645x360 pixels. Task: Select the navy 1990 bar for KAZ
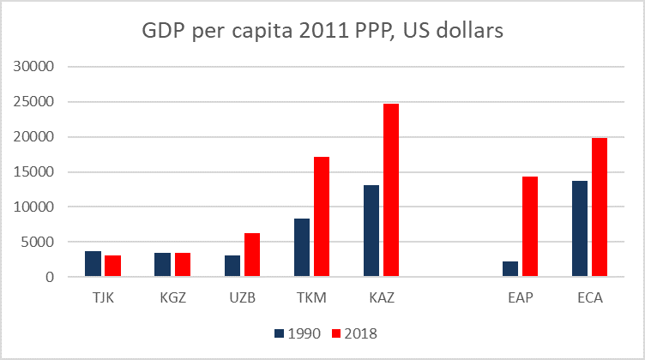tap(371, 231)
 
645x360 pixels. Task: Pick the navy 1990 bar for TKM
tap(302, 248)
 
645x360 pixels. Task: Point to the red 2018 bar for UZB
tap(252, 255)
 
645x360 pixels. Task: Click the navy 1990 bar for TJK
tap(93, 264)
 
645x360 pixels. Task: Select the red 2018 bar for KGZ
tap(183, 265)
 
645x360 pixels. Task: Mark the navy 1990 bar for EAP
tap(510, 269)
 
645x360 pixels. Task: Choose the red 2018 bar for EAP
tap(531, 226)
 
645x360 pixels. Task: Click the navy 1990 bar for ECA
tap(581, 229)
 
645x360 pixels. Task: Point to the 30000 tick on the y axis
tap(36, 67)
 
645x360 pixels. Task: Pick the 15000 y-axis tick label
tap(36, 171)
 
